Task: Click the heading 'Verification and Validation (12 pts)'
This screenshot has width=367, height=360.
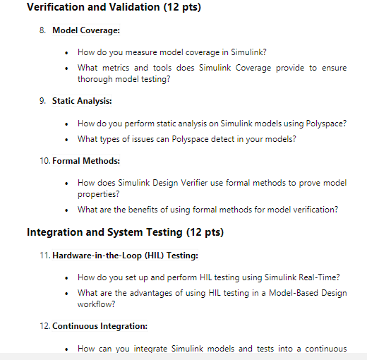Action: click(x=113, y=8)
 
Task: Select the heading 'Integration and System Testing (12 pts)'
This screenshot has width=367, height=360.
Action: click(x=125, y=232)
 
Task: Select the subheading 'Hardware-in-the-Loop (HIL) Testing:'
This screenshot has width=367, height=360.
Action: click(x=125, y=254)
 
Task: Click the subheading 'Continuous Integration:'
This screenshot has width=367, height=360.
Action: click(x=100, y=326)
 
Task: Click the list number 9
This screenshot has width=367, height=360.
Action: click(x=44, y=101)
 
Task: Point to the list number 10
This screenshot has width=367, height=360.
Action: click(x=44, y=161)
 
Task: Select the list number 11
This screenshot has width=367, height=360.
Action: click(x=44, y=254)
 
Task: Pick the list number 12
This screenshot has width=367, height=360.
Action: click(x=44, y=326)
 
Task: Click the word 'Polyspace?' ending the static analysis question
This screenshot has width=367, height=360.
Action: click(x=326, y=124)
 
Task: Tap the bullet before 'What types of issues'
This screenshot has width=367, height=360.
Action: click(x=66, y=139)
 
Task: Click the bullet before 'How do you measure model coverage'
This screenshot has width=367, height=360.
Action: click(x=66, y=53)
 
